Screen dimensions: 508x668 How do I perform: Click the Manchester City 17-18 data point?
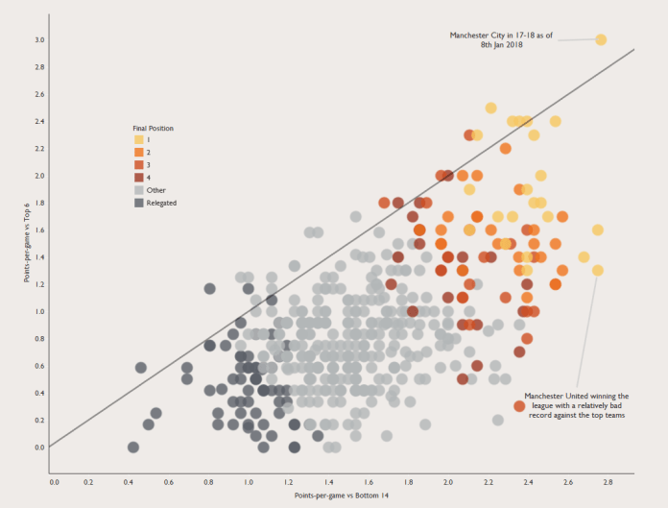click(x=601, y=39)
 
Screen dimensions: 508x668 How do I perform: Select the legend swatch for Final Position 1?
click(x=139, y=140)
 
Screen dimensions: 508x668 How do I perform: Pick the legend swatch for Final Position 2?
click(x=139, y=153)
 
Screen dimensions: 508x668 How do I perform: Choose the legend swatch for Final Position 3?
click(x=139, y=165)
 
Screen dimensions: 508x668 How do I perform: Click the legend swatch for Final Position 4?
click(x=139, y=178)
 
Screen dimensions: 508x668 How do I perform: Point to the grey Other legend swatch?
click(x=139, y=190)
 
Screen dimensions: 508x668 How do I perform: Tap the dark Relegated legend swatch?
click(x=139, y=203)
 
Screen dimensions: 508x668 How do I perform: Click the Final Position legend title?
click(x=153, y=128)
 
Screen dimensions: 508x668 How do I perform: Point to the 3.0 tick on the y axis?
click(x=39, y=40)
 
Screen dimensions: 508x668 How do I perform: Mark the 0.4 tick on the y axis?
click(x=39, y=393)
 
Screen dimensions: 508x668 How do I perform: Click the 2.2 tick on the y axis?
click(x=39, y=149)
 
